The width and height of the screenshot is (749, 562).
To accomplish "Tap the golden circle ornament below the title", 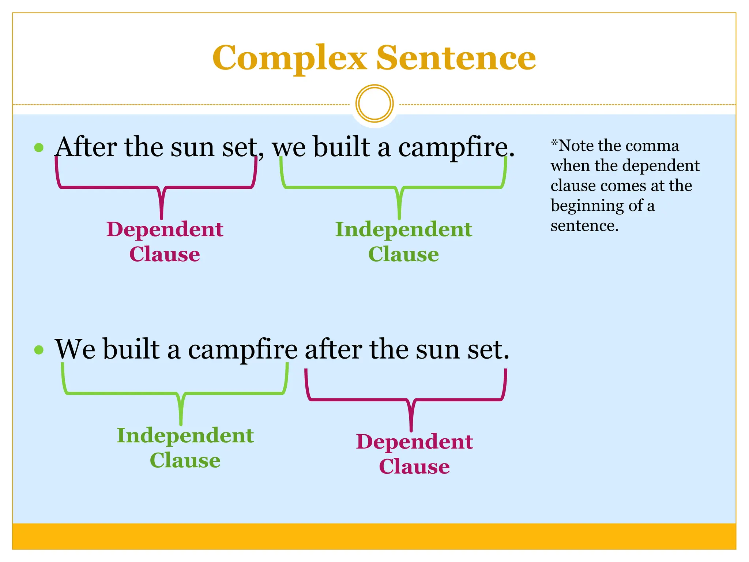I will pyautogui.click(x=374, y=104).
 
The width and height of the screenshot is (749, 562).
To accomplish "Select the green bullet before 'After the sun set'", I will pyautogui.click(x=39, y=148).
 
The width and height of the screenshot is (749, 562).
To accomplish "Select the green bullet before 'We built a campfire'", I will pyautogui.click(x=39, y=350).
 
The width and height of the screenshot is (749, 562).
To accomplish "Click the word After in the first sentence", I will pyautogui.click(x=86, y=147).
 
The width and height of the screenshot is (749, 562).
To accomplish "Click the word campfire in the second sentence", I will pyautogui.click(x=243, y=350).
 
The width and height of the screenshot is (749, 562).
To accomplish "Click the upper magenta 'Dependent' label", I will pyautogui.click(x=165, y=230).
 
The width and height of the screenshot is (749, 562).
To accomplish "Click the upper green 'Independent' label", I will pyautogui.click(x=403, y=230).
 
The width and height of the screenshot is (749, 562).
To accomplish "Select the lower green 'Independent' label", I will pyautogui.click(x=185, y=436).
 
